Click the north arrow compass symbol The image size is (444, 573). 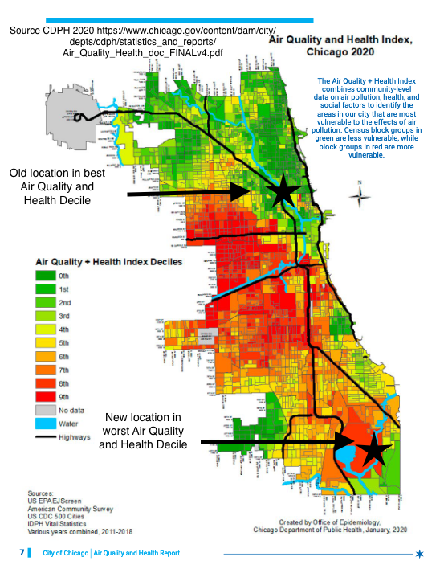click(x=360, y=197)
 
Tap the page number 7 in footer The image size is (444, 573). click(x=22, y=553)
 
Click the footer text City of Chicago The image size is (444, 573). click(x=65, y=553)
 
